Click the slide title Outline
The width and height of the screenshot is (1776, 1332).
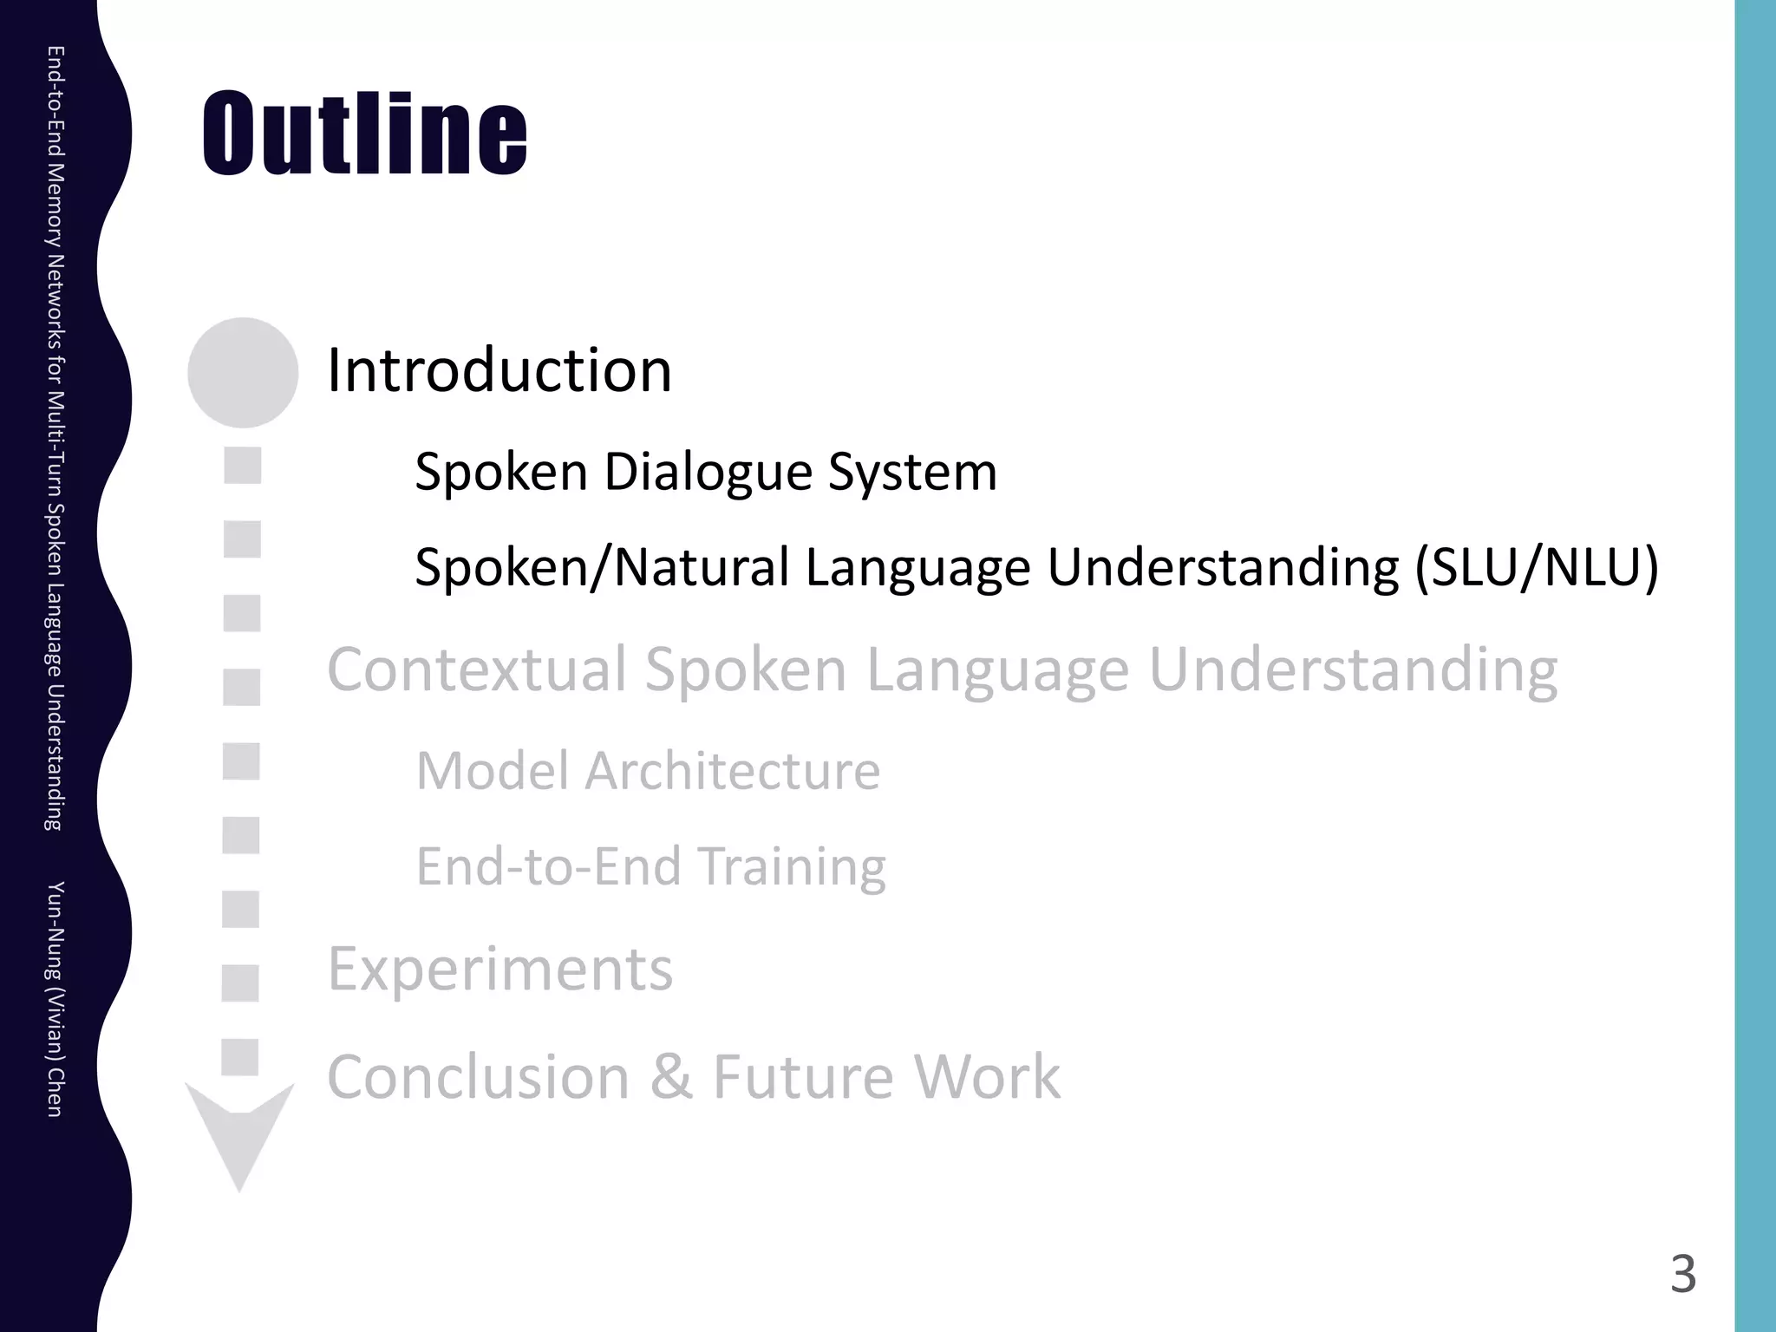pyautogui.click(x=364, y=134)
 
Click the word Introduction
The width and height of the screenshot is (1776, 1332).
pyautogui.click(x=499, y=370)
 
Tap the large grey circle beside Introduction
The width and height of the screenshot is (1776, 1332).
pyautogui.click(x=243, y=373)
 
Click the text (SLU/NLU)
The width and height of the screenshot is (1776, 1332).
pyautogui.click(x=1536, y=568)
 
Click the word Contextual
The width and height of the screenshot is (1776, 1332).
pyautogui.click(x=477, y=669)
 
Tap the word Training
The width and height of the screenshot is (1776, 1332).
pyautogui.click(x=791, y=866)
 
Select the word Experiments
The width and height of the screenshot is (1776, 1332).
pyautogui.click(x=499, y=970)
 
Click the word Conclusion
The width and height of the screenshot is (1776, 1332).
pyautogui.click(x=478, y=1077)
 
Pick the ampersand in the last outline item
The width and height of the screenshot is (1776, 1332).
pyautogui.click(x=670, y=1077)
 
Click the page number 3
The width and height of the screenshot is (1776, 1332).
pyautogui.click(x=1682, y=1275)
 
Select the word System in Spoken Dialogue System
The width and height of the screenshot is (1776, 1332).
pyautogui.click(x=912, y=473)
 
